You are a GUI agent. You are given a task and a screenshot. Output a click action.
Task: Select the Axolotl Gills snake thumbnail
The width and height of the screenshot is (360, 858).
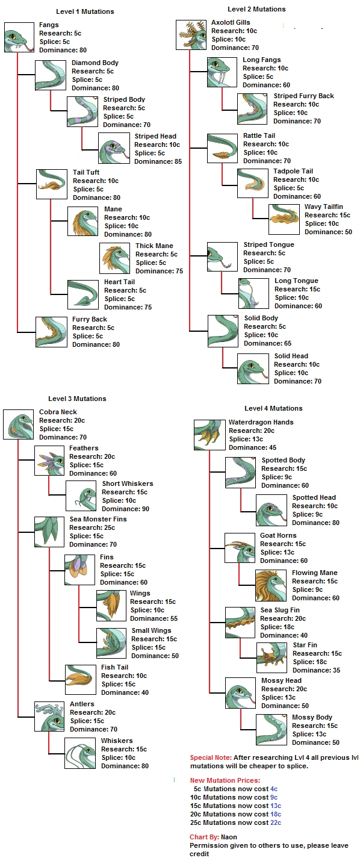pos(191,35)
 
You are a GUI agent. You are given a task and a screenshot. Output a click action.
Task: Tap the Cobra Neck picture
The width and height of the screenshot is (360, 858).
pos(19,424)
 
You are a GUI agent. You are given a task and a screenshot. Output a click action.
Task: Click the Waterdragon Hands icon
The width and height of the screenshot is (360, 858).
pos(209,435)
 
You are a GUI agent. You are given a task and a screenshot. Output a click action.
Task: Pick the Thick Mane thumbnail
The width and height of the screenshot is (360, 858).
pos(114,258)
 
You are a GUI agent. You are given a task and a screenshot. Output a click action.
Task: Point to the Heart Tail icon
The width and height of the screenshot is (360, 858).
pos(82,294)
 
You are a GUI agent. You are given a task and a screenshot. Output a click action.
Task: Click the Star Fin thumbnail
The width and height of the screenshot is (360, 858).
pos(272,657)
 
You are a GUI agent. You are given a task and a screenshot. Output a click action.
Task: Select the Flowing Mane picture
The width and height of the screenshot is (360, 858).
pos(270,585)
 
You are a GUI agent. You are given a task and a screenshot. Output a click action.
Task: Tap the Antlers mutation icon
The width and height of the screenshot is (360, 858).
pos(50,717)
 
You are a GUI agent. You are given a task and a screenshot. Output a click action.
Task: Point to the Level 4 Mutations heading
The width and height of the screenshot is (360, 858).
pos(273,408)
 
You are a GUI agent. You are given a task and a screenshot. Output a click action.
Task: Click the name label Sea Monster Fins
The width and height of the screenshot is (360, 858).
pos(98,519)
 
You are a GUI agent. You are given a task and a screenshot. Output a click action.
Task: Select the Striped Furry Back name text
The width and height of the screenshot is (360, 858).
pos(303,96)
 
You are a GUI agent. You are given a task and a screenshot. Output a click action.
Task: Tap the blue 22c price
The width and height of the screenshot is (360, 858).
pos(276,822)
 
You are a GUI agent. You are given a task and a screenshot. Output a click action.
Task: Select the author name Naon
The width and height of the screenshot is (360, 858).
pos(229,837)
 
